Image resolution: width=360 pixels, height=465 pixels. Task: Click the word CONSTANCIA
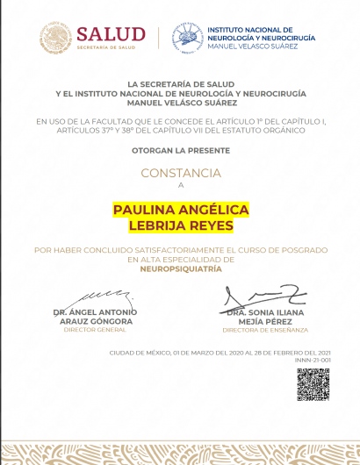point(181,173)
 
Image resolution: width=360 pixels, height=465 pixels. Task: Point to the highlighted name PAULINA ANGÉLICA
point(181,210)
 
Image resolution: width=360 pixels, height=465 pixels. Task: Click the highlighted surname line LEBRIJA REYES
point(181,225)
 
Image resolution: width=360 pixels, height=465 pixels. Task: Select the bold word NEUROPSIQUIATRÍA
point(181,269)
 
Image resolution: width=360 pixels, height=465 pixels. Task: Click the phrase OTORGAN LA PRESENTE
point(181,152)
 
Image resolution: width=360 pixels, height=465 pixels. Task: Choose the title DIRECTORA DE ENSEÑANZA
point(265,330)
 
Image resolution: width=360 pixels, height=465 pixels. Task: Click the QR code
point(313,384)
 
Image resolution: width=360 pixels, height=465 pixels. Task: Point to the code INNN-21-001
point(313,361)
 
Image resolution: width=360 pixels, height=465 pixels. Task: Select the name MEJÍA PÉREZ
point(265,321)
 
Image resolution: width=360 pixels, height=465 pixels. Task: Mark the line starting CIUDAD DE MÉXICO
point(220,353)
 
